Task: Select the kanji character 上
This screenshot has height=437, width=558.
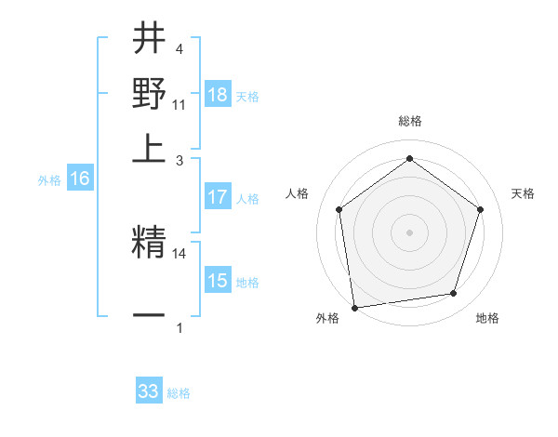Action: (x=150, y=147)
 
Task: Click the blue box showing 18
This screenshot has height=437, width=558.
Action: (x=218, y=95)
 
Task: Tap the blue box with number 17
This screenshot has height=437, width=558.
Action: (x=218, y=197)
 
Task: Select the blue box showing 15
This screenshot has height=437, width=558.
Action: (x=218, y=280)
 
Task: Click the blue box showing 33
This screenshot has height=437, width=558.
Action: (x=149, y=391)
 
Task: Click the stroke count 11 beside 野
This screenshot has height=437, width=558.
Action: (x=179, y=104)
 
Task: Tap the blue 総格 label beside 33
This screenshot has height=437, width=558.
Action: (x=179, y=393)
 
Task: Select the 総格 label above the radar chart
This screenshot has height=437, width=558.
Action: (x=409, y=122)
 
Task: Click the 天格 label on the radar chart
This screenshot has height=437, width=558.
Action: (x=524, y=193)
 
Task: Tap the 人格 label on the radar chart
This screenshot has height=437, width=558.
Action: (x=297, y=193)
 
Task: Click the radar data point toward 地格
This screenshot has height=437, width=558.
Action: (x=454, y=294)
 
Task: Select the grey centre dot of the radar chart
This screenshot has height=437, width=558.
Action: (x=409, y=232)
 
